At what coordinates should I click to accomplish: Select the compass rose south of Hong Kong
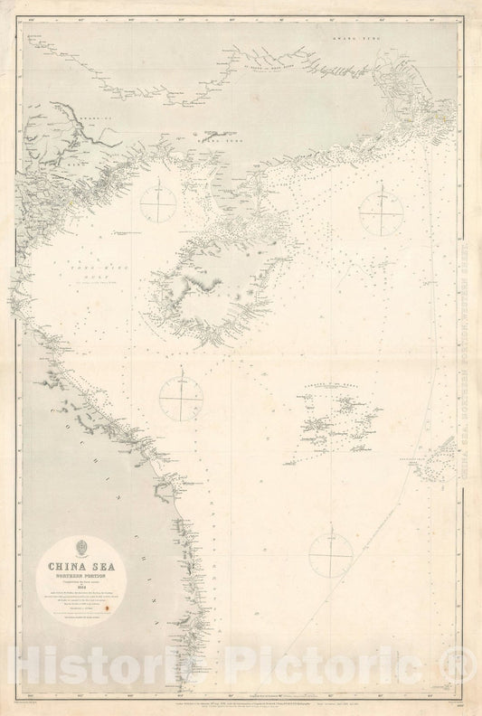(382, 212)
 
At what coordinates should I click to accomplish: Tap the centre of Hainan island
(213, 280)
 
